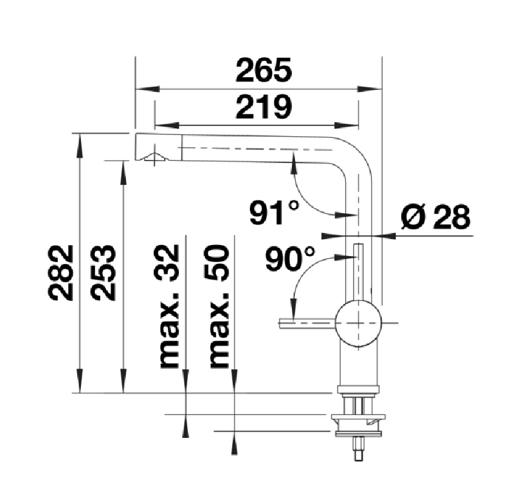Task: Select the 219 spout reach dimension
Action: point(264,106)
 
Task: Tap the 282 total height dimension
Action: point(60,273)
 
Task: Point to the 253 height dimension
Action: point(103,273)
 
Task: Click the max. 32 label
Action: point(169,306)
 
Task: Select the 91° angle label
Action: point(275,213)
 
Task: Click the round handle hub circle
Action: point(358,323)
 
